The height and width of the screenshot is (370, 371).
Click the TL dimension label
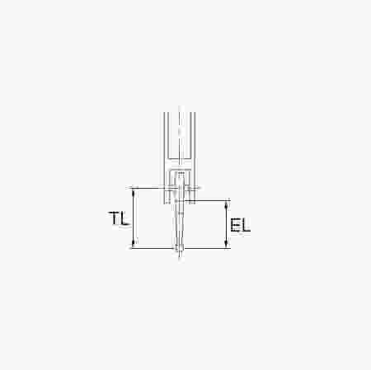coord(119,219)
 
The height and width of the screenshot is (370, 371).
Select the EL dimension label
coord(240,225)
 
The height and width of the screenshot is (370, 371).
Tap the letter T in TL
coord(114,218)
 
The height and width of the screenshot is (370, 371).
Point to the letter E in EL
coord(235,225)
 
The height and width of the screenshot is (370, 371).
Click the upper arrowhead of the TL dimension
coord(134,192)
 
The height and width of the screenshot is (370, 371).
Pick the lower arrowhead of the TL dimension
coord(134,244)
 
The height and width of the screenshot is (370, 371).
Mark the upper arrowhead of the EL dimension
coord(226,205)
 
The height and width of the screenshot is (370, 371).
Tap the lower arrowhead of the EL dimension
coord(226,244)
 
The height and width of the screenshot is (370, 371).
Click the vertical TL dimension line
coord(134,218)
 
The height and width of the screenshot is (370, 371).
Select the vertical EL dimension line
coord(226,224)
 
